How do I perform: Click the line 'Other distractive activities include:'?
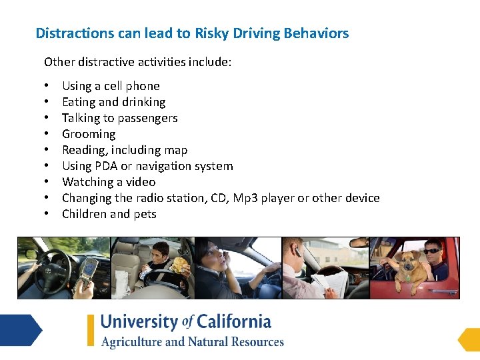click(137, 62)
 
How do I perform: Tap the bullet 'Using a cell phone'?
click(111, 86)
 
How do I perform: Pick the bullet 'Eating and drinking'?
click(113, 102)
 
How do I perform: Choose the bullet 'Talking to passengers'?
click(119, 118)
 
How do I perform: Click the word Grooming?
click(89, 134)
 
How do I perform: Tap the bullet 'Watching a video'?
click(109, 182)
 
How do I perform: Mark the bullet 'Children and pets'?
click(109, 214)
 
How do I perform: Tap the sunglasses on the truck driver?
click(432, 251)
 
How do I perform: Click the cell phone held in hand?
click(89, 270)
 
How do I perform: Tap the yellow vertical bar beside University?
click(91, 330)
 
